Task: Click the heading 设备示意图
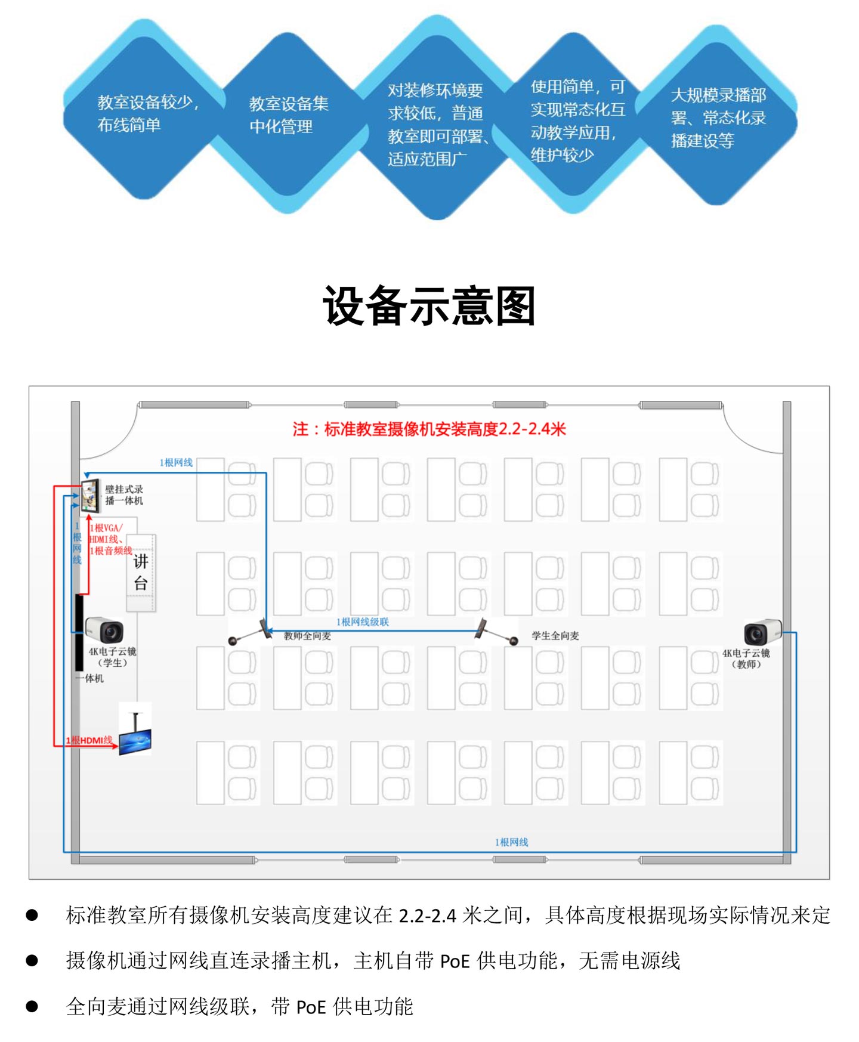pyautogui.click(x=428, y=306)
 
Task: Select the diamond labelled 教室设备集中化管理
pyautogui.click(x=289, y=115)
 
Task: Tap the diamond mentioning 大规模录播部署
pyautogui.click(x=718, y=118)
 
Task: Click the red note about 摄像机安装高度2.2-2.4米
pyautogui.click(x=429, y=429)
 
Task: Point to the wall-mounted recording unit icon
pyautogui.click(x=90, y=495)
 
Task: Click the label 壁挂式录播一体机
pyautogui.click(x=124, y=495)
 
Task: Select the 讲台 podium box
pyautogui.click(x=141, y=572)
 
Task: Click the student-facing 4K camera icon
pyautogui.click(x=105, y=630)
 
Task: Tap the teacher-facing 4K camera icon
pyautogui.click(x=762, y=632)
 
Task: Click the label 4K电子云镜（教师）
pyautogui.click(x=746, y=658)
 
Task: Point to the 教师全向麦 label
pyautogui.click(x=307, y=636)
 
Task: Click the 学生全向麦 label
pyautogui.click(x=555, y=636)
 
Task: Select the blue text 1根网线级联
pyautogui.click(x=363, y=622)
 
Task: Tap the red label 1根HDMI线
pyautogui.click(x=89, y=740)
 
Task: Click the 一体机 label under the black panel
pyautogui.click(x=90, y=678)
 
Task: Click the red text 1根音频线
pyautogui.click(x=111, y=551)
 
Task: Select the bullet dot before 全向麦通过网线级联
pyautogui.click(x=32, y=1006)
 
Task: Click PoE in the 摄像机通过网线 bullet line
pyautogui.click(x=455, y=961)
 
